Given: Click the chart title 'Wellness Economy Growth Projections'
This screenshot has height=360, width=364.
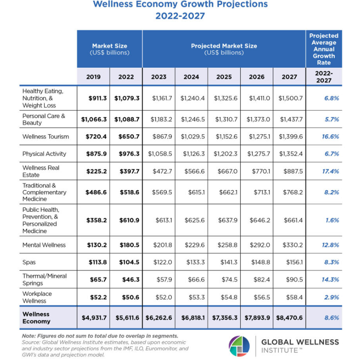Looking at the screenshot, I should (x=181, y=5).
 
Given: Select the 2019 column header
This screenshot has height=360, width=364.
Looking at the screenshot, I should (x=93, y=76).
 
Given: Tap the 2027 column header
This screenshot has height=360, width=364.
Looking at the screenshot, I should (x=289, y=76).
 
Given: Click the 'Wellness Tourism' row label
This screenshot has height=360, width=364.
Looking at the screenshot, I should (x=46, y=137).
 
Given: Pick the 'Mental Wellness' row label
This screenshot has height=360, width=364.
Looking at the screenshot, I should (x=44, y=245).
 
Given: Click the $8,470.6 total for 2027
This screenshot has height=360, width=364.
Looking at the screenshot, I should (x=289, y=318).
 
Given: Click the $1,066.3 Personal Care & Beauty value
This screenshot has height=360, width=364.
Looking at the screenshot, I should (x=94, y=119).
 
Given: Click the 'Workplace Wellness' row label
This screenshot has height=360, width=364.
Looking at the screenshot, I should (x=37, y=297).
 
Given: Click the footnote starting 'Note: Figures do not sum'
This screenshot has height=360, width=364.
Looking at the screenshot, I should (x=100, y=336).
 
